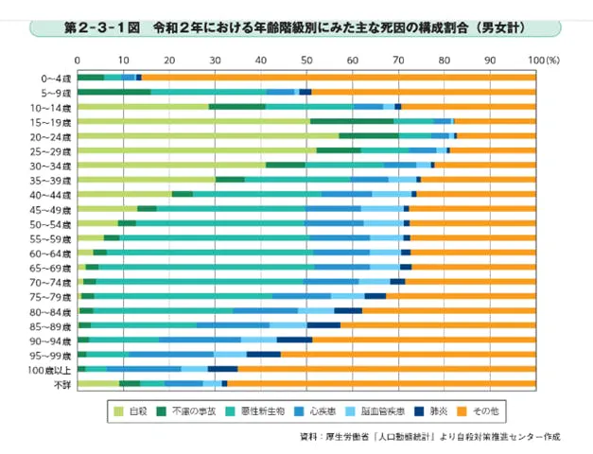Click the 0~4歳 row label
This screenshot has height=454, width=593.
point(55,77)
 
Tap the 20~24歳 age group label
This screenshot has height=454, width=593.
point(53,136)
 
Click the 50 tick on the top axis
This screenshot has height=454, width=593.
point(305,60)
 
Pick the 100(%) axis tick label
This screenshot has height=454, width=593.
point(545,60)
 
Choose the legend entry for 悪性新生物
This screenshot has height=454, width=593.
point(275,411)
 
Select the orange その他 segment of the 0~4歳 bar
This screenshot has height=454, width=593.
point(340,77)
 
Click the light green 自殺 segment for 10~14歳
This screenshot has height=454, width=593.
point(143,107)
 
